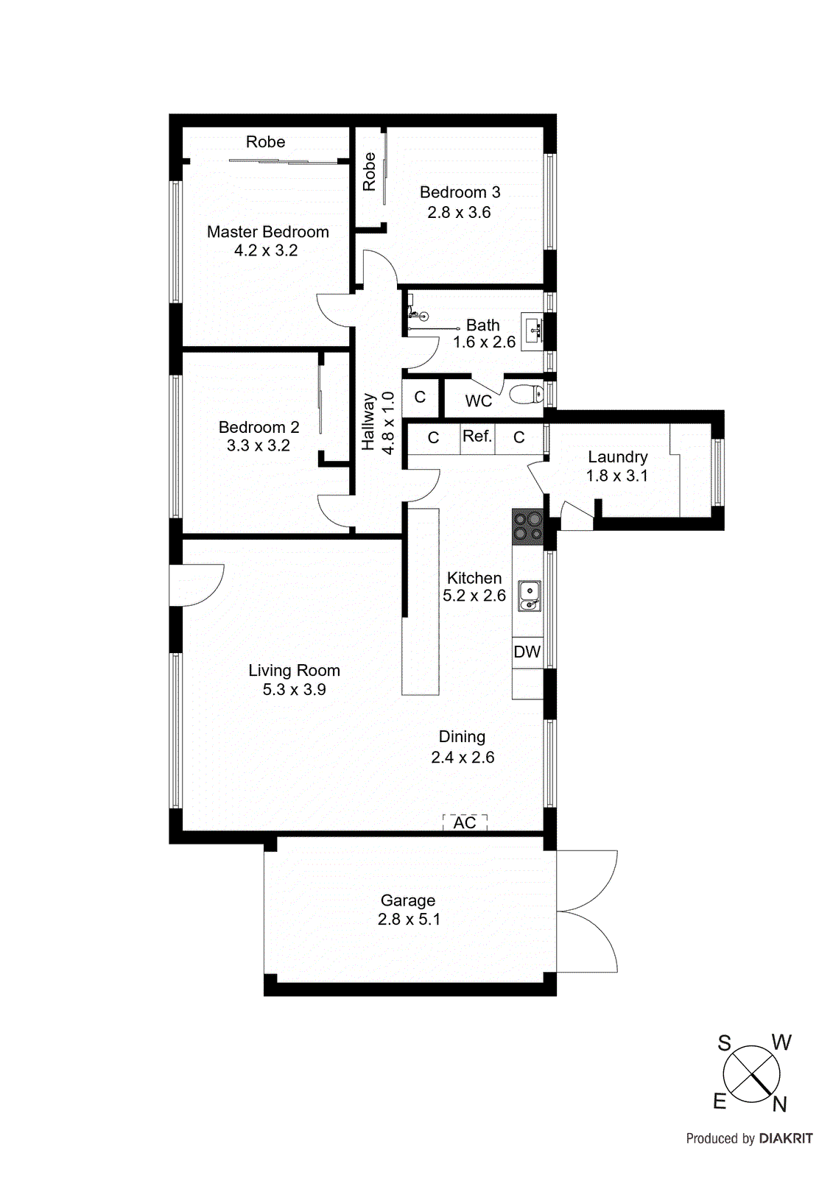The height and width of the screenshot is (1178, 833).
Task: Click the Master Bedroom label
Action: (267, 232)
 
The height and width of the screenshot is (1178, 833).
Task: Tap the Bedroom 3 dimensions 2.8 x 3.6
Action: (459, 213)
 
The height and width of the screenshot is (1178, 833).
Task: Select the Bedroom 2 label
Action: (259, 427)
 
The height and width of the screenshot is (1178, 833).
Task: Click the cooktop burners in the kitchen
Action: (527, 527)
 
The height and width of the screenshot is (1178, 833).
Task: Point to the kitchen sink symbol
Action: (530, 596)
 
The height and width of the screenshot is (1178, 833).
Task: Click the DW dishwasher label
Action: (527, 652)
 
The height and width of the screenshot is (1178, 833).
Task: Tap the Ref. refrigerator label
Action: (477, 437)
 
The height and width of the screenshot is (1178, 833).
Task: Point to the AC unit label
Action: (465, 822)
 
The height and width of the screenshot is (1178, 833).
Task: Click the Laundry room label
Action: (617, 457)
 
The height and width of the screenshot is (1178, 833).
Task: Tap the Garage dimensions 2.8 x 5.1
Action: (409, 920)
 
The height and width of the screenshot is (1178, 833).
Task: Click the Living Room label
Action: (294, 671)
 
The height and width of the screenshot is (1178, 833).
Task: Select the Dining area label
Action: (462, 737)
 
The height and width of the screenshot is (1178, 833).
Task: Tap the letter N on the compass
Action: (780, 1104)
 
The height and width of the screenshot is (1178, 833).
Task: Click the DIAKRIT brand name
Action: (786, 1139)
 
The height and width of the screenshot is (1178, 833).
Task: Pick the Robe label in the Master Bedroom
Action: (265, 142)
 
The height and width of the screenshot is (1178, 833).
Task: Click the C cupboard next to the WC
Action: (420, 398)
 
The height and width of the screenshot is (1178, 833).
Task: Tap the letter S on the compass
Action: (725, 1043)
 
